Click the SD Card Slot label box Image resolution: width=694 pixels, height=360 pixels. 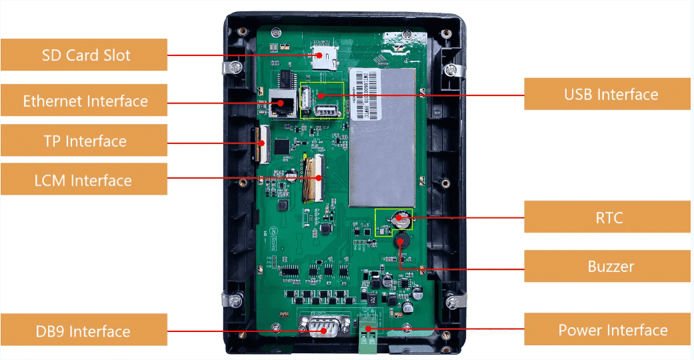(83, 55)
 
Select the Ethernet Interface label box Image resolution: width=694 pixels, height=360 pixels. (83, 101)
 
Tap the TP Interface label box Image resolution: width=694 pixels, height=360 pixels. (83, 141)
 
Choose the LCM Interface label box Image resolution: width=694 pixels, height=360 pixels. (83, 180)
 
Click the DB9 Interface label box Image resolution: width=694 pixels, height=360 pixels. (83, 331)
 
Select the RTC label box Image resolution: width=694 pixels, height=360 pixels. (608, 217)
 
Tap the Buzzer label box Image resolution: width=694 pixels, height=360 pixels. (608, 266)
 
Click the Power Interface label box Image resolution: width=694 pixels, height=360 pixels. (608, 329)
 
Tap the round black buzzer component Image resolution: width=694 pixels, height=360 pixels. (401, 241)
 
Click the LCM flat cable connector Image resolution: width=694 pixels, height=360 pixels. (314, 178)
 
